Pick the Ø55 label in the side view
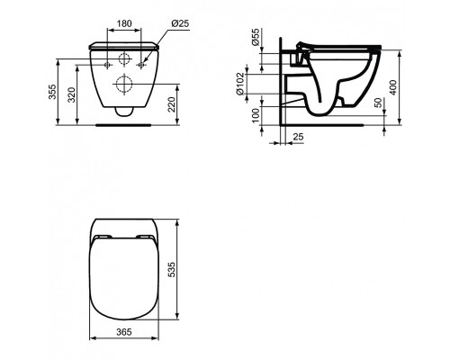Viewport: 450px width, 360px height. (255, 40)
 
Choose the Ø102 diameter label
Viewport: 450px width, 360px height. (255, 84)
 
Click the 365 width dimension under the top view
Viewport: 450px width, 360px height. (125, 332)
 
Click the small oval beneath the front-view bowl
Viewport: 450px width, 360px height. (125, 112)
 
